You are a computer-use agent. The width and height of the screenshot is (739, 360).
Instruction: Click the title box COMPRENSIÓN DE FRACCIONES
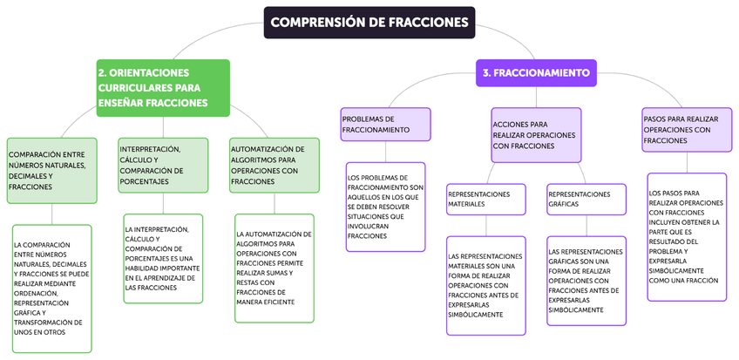[369, 23]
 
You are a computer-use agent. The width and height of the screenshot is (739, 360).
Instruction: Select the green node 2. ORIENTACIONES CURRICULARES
[163, 87]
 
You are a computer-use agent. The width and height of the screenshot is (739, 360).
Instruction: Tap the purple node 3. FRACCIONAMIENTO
[536, 72]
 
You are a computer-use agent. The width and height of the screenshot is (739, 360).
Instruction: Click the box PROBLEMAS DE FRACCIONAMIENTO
[386, 124]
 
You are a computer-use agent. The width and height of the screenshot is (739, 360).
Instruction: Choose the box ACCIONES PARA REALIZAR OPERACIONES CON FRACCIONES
[536, 135]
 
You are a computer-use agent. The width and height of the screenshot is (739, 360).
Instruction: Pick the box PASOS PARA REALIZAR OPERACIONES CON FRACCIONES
[684, 128]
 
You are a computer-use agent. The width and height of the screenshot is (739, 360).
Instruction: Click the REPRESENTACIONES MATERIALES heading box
[485, 199]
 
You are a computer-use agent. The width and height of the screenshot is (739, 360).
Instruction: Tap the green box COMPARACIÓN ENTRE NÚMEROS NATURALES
[51, 170]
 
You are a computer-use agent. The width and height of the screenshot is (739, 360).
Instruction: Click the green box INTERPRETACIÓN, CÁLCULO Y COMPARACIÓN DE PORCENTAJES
[163, 165]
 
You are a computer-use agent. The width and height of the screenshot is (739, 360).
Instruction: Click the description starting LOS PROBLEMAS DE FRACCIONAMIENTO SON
[386, 207]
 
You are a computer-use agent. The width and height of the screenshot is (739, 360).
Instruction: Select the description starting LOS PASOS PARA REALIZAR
[687, 237]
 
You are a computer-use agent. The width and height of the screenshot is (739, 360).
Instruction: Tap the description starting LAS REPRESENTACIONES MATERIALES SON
[485, 285]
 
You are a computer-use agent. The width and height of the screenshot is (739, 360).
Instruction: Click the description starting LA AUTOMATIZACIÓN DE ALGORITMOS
[275, 268]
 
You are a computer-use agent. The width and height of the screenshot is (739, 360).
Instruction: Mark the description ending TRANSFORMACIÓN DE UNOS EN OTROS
[51, 289]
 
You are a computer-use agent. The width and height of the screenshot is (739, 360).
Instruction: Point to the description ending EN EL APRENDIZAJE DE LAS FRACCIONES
[163, 258]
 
